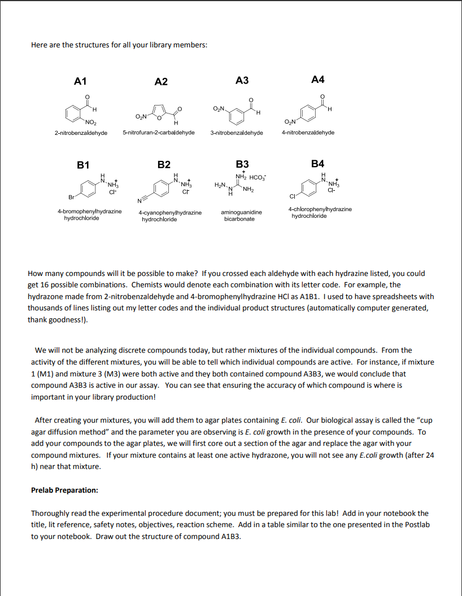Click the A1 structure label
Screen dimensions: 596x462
pos(81,81)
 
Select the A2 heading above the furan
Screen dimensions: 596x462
pos(161,81)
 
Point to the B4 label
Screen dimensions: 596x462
pos(318,164)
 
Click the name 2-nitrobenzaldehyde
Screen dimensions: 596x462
pos(81,133)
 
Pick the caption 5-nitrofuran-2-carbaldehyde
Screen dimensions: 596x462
pos(159,133)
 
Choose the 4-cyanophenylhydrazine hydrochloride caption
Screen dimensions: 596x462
pos(169,216)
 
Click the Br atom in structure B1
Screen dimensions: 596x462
pos(71,198)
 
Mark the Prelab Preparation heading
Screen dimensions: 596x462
pos(64,490)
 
